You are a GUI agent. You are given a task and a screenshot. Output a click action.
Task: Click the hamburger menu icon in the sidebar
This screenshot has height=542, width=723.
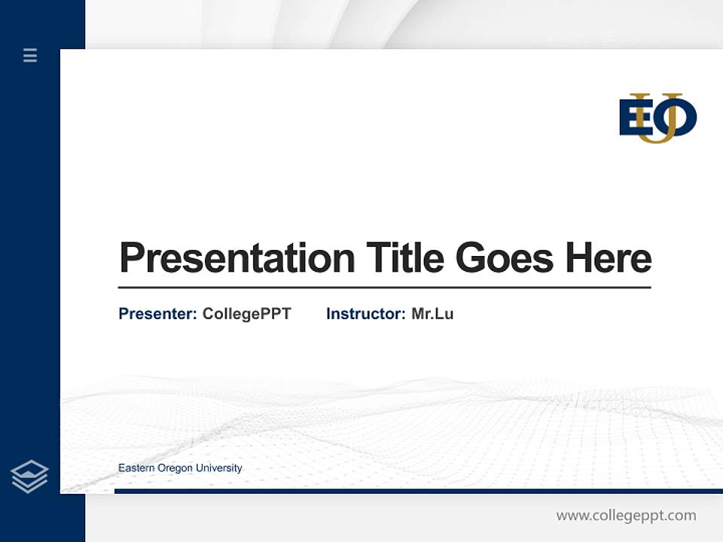(x=30, y=55)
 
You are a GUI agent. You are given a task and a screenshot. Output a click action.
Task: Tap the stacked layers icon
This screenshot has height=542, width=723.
(x=29, y=477)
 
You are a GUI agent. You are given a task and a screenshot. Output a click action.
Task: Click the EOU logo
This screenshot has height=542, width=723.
(x=657, y=118)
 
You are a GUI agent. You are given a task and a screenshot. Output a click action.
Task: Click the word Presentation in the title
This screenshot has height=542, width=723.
(x=236, y=258)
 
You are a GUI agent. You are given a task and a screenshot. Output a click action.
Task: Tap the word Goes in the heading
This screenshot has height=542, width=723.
(x=504, y=258)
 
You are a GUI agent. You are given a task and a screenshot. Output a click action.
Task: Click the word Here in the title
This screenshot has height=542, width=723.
(x=609, y=257)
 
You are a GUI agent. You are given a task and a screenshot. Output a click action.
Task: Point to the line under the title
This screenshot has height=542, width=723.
(x=384, y=287)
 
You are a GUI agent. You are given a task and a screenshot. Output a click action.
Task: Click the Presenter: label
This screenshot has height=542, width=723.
(x=157, y=314)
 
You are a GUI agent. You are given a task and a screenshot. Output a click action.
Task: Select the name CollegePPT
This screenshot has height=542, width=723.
(x=246, y=314)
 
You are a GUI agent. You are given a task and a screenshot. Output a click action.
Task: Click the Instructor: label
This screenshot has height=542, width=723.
(x=365, y=314)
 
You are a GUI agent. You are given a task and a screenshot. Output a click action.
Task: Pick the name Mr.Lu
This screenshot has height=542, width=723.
(x=432, y=314)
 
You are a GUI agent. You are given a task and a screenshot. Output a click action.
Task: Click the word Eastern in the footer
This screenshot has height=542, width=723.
(x=136, y=468)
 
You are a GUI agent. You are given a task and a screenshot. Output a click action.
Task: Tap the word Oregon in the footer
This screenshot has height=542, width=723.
(x=175, y=468)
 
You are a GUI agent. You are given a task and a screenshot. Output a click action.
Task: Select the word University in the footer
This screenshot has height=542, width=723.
(x=219, y=468)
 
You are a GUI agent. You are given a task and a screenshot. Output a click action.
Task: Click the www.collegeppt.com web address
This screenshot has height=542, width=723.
(x=626, y=516)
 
